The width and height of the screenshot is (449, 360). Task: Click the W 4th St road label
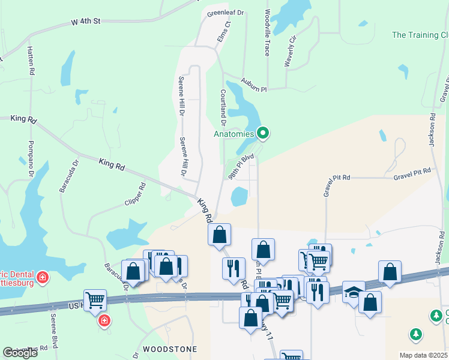(85, 22)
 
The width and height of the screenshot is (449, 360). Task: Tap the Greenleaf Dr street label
(224, 12)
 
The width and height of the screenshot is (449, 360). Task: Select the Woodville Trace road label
(268, 33)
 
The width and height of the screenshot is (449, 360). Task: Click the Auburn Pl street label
(253, 85)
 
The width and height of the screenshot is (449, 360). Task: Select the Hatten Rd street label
(30, 61)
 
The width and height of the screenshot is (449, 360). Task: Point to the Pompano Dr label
(30, 159)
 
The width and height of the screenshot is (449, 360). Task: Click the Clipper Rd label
(135, 196)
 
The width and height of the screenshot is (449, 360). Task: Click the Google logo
(20, 353)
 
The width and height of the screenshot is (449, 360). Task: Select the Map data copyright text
(423, 355)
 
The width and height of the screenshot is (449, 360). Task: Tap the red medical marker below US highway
(104, 320)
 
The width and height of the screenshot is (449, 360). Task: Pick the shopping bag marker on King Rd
(220, 235)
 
